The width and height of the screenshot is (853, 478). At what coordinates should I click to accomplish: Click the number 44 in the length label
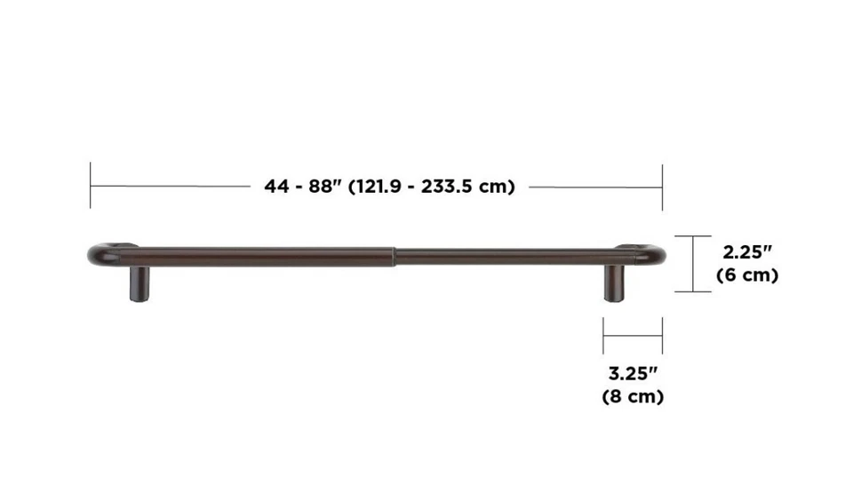276,187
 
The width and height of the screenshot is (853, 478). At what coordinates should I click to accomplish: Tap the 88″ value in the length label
325,187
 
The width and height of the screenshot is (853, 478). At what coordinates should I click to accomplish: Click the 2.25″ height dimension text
746,251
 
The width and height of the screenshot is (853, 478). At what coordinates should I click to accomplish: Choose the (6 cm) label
746,275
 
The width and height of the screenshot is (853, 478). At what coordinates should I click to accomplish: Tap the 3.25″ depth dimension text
632,372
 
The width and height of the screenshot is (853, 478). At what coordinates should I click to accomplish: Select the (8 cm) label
632,396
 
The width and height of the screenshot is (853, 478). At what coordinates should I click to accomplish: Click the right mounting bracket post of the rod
614,284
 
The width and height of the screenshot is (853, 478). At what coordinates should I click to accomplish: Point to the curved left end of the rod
96,254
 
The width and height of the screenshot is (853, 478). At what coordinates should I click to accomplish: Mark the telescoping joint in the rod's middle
392,257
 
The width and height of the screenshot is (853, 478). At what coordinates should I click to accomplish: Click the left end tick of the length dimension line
90,186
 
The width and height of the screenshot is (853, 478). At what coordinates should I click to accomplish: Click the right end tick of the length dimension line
662,186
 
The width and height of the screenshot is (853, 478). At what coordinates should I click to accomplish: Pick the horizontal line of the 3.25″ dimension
632,336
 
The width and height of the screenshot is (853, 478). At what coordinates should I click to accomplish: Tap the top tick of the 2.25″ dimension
692,235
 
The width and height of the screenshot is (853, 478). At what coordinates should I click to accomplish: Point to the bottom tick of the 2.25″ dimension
692,291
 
